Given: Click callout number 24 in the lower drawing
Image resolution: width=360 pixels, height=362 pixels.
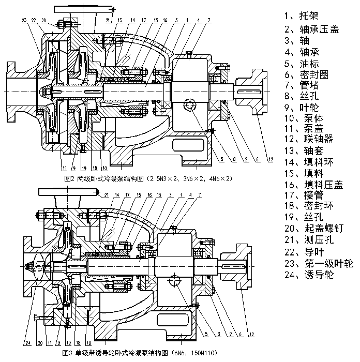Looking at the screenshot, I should click(x=25, y=343).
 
